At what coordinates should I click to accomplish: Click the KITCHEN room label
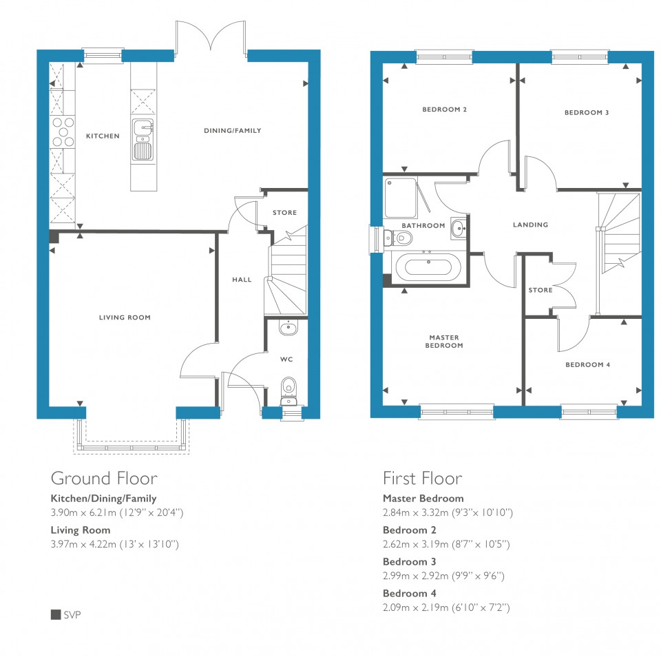pyautogui.click(x=103, y=136)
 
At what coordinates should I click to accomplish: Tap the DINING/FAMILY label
pyautogui.click(x=232, y=131)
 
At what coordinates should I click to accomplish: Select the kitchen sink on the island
pyautogui.click(x=143, y=140)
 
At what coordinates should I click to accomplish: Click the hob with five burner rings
pyautogui.click(x=63, y=132)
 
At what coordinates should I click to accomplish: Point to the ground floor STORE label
pyautogui.click(x=284, y=213)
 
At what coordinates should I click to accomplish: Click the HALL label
pyautogui.click(x=242, y=280)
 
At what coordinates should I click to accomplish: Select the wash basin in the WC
pyautogui.click(x=288, y=328)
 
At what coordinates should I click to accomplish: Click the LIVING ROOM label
pyautogui.click(x=125, y=317)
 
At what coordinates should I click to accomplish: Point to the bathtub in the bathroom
pyautogui.click(x=429, y=267)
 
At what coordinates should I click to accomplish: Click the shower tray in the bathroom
pyautogui.click(x=400, y=198)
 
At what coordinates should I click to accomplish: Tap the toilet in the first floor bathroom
pyautogui.click(x=398, y=238)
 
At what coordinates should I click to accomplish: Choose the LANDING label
pyautogui.click(x=530, y=225)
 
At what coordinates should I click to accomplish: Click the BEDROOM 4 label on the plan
pyautogui.click(x=587, y=365)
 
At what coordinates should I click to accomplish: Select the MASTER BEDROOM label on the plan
pyautogui.click(x=444, y=342)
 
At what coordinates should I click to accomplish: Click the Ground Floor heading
pyautogui.click(x=104, y=479)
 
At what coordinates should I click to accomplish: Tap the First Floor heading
pyautogui.click(x=422, y=479)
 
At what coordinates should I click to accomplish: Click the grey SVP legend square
pyautogui.click(x=56, y=614)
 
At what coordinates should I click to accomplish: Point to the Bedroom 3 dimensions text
pyautogui.click(x=443, y=576)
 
